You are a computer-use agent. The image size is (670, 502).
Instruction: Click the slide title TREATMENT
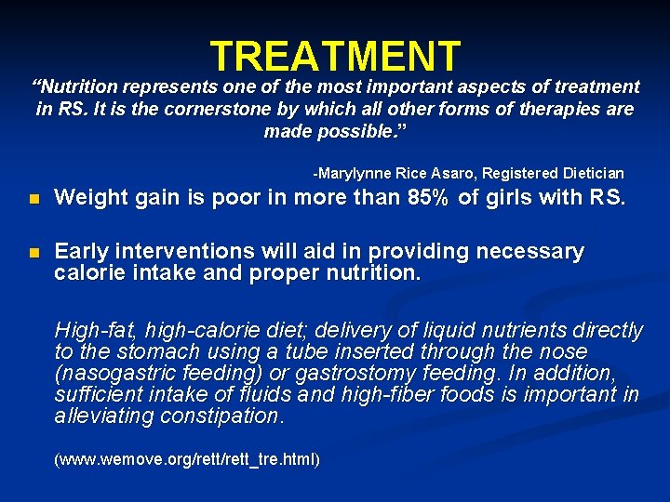(x=335, y=57)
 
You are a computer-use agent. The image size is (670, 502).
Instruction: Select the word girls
(x=529, y=197)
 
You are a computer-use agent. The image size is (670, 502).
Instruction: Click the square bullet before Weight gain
(x=34, y=198)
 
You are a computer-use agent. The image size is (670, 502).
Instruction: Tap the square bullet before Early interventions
(x=34, y=253)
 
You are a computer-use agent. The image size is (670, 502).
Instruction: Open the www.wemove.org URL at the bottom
(x=187, y=460)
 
